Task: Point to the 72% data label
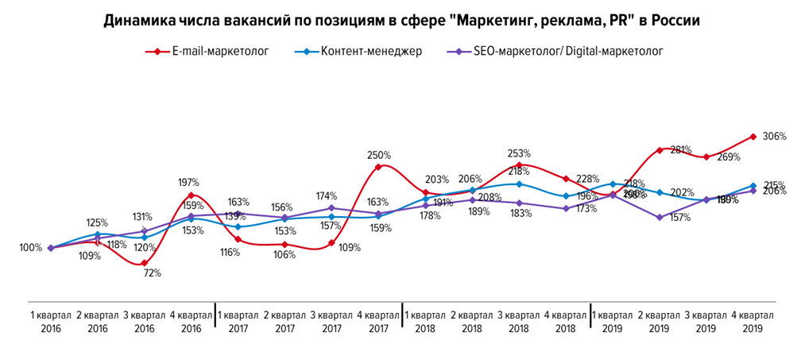[x=153, y=273]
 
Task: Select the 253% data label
[x=518, y=153]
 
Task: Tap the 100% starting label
[x=30, y=247]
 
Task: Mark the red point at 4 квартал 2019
[x=753, y=136]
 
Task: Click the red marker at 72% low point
[x=144, y=263]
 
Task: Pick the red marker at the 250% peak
[x=378, y=167]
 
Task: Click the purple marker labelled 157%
[x=659, y=217]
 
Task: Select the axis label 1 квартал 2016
[x=50, y=321]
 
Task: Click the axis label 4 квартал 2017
[x=378, y=321]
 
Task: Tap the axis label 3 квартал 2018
[x=519, y=321]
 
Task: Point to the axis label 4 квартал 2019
[x=753, y=321]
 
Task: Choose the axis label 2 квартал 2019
[x=660, y=321]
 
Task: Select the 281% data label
[x=680, y=149]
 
